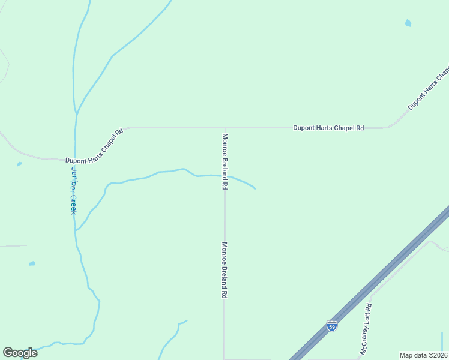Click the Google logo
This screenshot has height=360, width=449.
coord(20,353)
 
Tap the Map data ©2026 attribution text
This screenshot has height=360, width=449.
coord(423,355)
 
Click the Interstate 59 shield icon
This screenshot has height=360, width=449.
coord(332,326)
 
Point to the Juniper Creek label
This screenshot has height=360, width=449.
coord(74,190)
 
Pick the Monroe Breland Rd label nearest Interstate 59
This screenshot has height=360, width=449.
coord(224,270)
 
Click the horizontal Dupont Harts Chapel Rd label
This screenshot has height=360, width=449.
coord(328,128)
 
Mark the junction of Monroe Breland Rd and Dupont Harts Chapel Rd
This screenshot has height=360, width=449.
coord(225,128)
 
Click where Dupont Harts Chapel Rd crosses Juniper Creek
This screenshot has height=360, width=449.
coord(75,159)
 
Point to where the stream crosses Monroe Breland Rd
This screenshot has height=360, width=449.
coord(225,176)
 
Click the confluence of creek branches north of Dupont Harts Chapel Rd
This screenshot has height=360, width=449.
coord(77,113)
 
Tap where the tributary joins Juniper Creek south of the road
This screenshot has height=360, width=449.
coord(75,230)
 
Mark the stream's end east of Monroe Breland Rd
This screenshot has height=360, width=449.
coord(255,189)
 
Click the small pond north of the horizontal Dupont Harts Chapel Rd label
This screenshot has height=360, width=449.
coord(408,23)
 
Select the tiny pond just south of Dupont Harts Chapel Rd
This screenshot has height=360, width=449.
coord(19,164)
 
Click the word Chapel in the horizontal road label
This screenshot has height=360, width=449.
coord(339,128)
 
